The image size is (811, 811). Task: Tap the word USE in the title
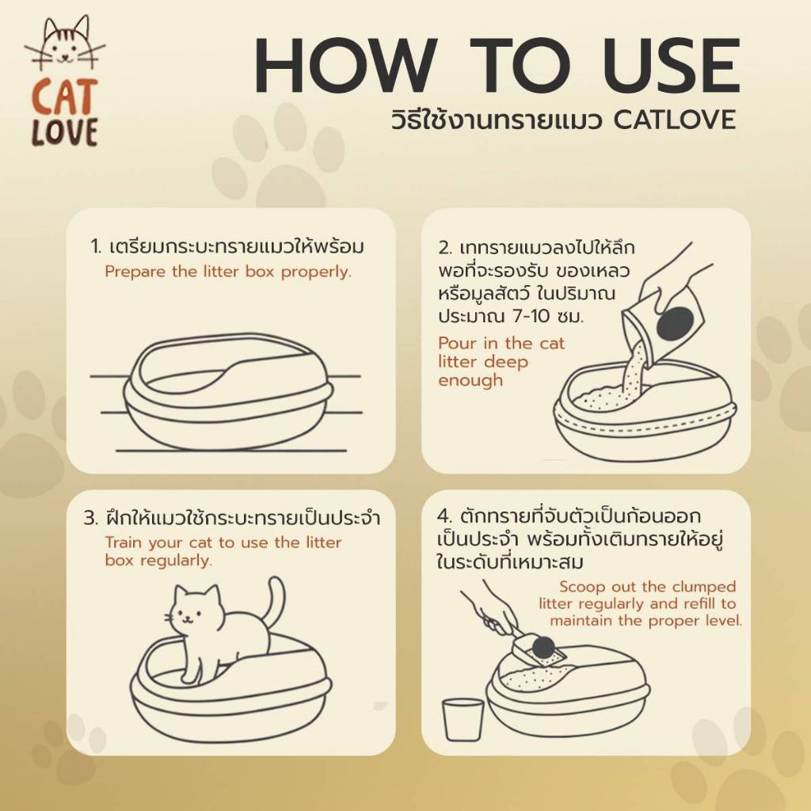665,66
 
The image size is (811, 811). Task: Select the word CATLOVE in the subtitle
675,120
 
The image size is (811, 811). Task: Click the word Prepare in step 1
135,272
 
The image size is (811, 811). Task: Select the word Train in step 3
124,543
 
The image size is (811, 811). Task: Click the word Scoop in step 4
582,587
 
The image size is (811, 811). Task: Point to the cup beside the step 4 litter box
463,719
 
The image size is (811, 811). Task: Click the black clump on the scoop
543,646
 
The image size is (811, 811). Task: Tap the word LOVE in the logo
65,132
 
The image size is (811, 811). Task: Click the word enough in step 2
470,381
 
